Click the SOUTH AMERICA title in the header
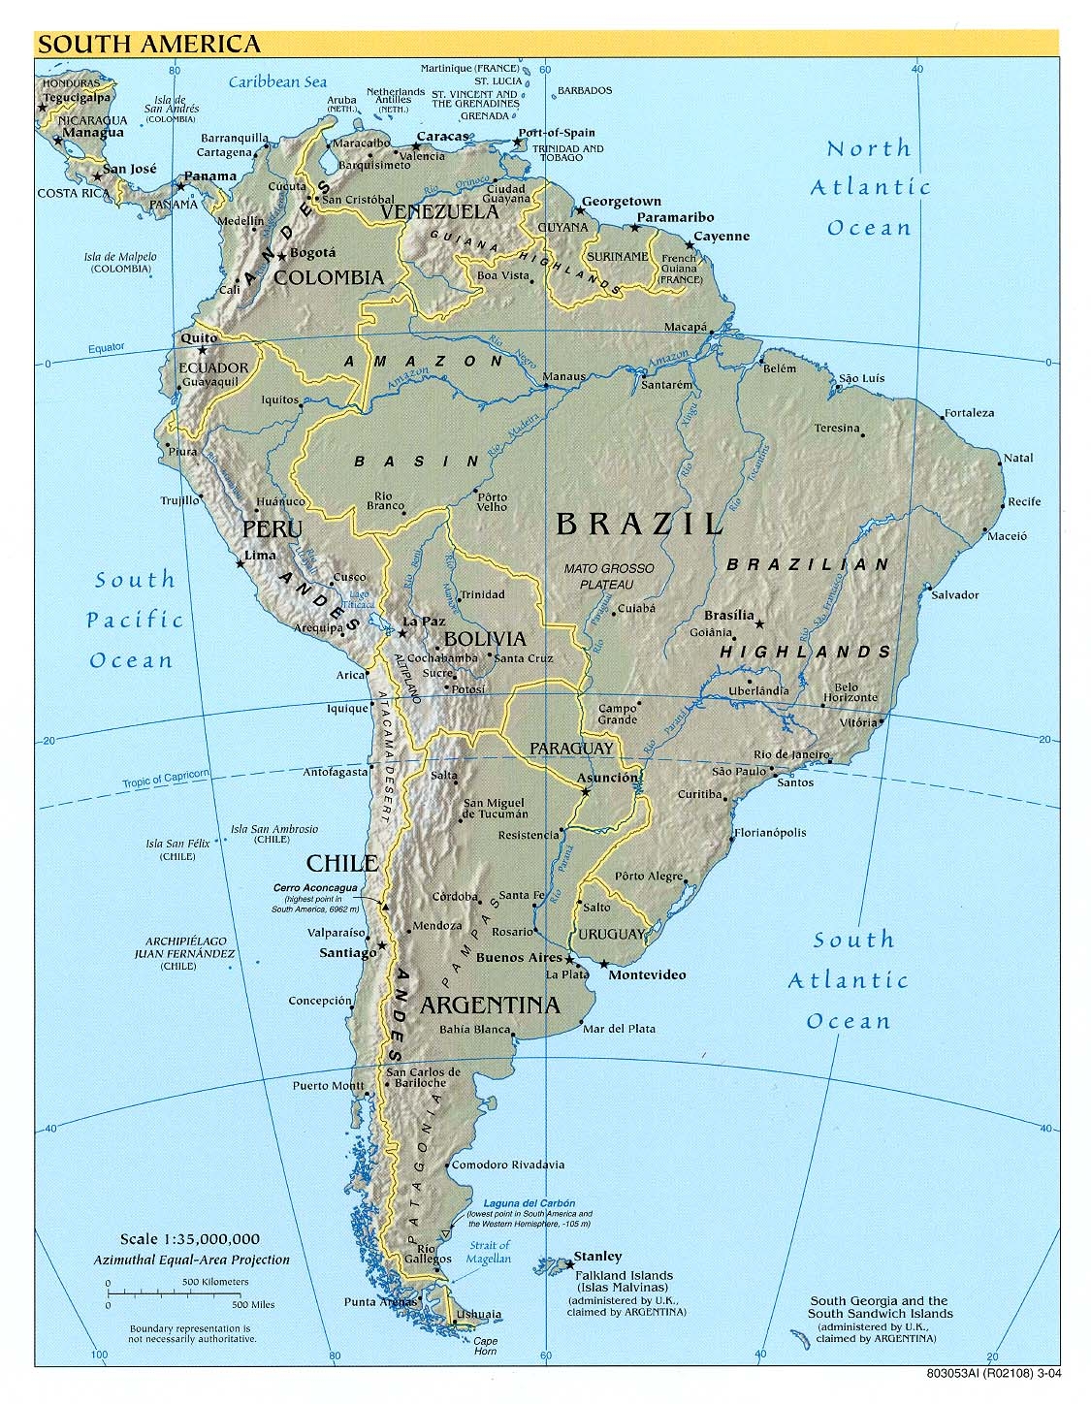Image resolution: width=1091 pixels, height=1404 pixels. point(149,44)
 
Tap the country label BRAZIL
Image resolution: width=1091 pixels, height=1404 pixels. point(640,525)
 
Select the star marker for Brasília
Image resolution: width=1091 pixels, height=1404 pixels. point(759,623)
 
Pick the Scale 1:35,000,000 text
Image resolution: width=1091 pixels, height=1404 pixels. point(190,1239)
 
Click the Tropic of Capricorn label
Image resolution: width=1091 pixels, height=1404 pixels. point(166,778)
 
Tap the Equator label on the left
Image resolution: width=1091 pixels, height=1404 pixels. point(107,347)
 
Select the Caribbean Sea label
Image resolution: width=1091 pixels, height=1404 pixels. point(278,82)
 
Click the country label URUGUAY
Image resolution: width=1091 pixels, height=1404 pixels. point(611,934)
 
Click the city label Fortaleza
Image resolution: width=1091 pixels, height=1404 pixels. point(970,413)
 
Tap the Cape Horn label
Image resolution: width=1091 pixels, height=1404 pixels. point(485,1347)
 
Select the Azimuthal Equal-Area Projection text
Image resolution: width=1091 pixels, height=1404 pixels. point(191,1260)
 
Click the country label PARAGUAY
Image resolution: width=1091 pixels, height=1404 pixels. point(571,748)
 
